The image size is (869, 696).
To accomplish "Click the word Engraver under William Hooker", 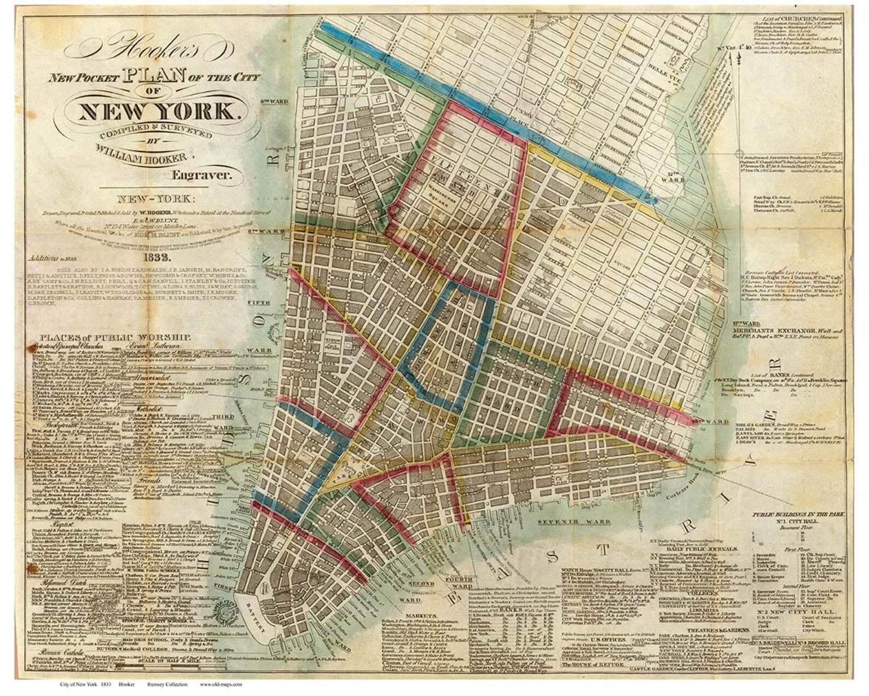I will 202,176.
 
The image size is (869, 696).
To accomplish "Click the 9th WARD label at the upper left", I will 274,101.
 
